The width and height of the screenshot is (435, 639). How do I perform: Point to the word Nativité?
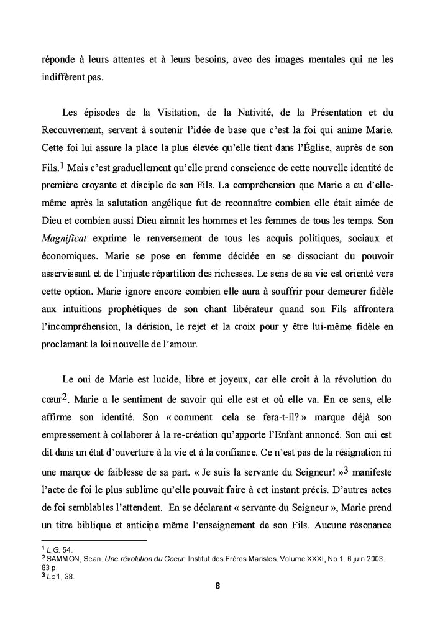256,113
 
